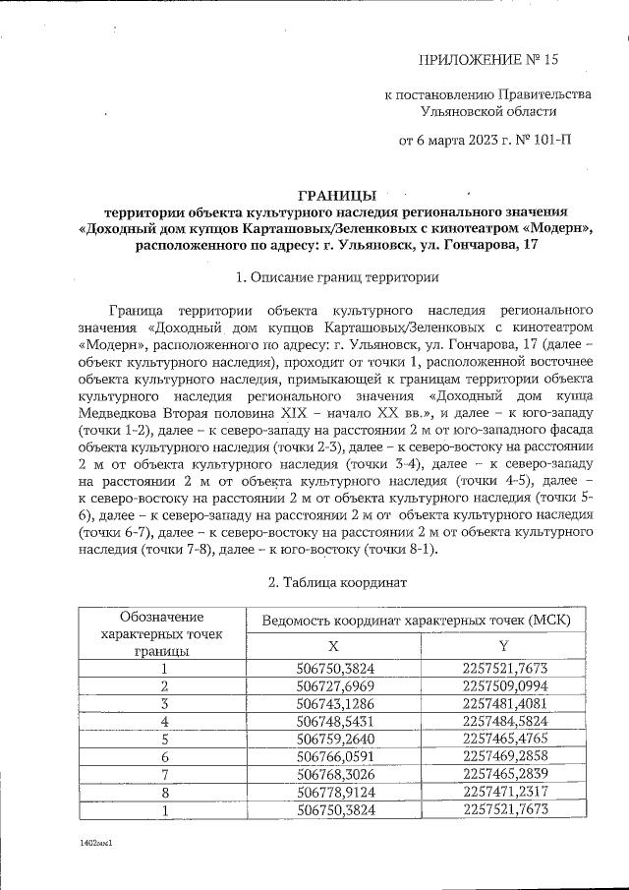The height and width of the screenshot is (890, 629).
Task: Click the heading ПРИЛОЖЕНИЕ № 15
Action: click(x=487, y=60)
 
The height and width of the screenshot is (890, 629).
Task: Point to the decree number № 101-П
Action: click(x=541, y=140)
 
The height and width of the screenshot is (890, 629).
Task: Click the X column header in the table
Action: click(x=333, y=645)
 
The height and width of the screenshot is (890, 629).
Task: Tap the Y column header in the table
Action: click(x=503, y=645)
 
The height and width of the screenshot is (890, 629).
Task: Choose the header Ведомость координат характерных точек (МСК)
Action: click(x=423, y=621)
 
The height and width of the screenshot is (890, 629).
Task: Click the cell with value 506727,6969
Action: click(x=333, y=685)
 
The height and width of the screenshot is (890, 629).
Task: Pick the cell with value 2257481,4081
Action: click(x=503, y=703)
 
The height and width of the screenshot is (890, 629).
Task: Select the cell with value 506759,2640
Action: click(x=333, y=738)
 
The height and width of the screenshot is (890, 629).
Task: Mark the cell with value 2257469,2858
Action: click(x=503, y=755)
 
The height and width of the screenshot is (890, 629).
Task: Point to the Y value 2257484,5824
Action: click(x=503, y=721)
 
